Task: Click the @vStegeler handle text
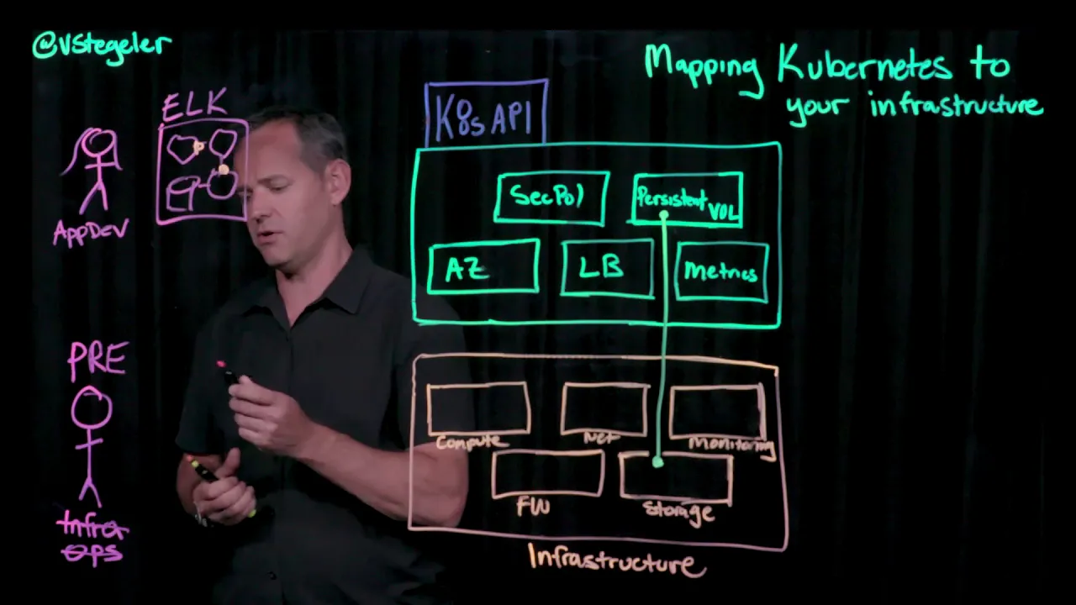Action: tap(102, 45)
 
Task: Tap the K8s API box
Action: tap(486, 115)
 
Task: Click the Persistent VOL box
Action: tap(687, 200)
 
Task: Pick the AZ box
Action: tap(483, 267)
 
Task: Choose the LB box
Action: tap(606, 268)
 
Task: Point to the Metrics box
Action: tap(721, 271)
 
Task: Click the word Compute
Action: tap(472, 442)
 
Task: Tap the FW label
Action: tap(533, 506)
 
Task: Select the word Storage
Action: tap(678, 511)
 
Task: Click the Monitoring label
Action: tap(730, 445)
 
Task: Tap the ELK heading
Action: tap(194, 106)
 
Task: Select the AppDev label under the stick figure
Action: tap(91, 232)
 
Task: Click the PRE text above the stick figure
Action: tap(98, 360)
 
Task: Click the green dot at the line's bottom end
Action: tap(657, 462)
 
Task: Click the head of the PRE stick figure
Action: tap(92, 408)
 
